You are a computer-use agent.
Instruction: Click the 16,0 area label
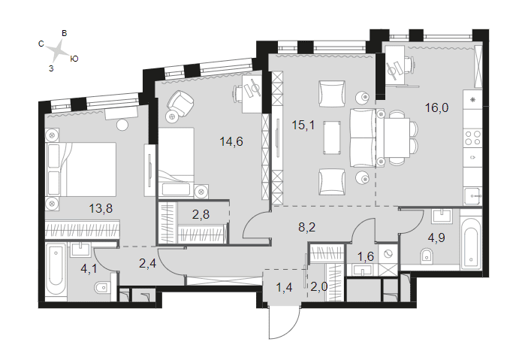pyautogui.click(x=436, y=107)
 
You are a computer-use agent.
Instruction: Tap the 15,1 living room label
pyautogui.click(x=303, y=125)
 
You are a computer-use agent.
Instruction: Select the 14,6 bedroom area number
pyautogui.click(x=231, y=141)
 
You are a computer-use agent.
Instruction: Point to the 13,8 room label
pyautogui.click(x=101, y=208)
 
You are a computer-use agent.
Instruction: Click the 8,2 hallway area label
pyautogui.click(x=307, y=227)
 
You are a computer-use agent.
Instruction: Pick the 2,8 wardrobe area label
pyautogui.click(x=201, y=214)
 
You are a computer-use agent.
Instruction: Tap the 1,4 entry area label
pyautogui.click(x=284, y=287)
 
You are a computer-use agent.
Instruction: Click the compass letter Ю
pyautogui.click(x=74, y=59)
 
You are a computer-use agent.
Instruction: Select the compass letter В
pyautogui.click(x=65, y=33)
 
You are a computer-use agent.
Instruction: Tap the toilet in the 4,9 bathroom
pyautogui.click(x=427, y=256)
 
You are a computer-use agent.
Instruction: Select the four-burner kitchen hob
pyautogui.click(x=472, y=138)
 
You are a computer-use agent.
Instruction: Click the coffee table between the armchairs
pyautogui.click(x=331, y=138)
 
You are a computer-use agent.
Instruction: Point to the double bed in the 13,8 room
pyautogui.click(x=81, y=169)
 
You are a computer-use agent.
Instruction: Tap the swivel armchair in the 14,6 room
pyautogui.click(x=179, y=104)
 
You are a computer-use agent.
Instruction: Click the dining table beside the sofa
pyautogui.click(x=397, y=138)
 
